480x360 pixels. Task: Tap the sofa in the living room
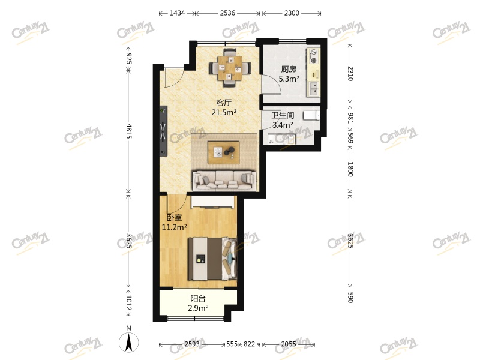tap(223, 179)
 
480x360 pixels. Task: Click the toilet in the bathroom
tap(311, 115)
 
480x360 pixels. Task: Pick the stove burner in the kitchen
tap(314, 60)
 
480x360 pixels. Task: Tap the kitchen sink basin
tap(314, 89)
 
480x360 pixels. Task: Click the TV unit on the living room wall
tap(163, 131)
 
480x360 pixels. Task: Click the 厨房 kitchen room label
tap(289, 68)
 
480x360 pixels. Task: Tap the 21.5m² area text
tap(224, 112)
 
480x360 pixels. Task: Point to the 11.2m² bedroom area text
tap(174, 227)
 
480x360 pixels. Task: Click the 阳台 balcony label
tap(199, 298)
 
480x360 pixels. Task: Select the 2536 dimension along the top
tap(228, 13)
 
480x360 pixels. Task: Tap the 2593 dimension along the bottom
tap(192, 344)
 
